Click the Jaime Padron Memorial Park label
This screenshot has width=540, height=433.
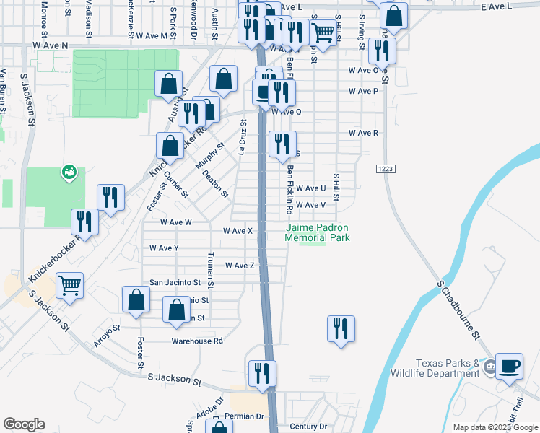[x=317, y=232]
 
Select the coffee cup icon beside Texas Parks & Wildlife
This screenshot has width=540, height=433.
[x=510, y=367]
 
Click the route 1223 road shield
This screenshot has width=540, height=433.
[x=385, y=168]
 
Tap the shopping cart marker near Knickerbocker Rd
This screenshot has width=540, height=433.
[x=69, y=285]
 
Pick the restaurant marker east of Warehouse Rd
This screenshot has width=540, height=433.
[x=340, y=329]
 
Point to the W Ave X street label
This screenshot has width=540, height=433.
[x=238, y=231]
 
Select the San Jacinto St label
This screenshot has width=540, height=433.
[x=174, y=282]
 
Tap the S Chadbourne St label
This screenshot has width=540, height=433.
[x=458, y=310]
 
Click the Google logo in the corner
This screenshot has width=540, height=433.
[x=24, y=424]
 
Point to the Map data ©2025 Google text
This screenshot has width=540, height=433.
[x=495, y=427]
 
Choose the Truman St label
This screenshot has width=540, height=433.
[x=210, y=266]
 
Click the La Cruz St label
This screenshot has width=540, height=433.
[x=243, y=137]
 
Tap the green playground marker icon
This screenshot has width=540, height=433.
[x=70, y=171]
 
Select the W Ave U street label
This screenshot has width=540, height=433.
[x=310, y=188]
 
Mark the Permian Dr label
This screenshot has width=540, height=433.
[x=245, y=416]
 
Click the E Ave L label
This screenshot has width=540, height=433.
[x=495, y=6]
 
